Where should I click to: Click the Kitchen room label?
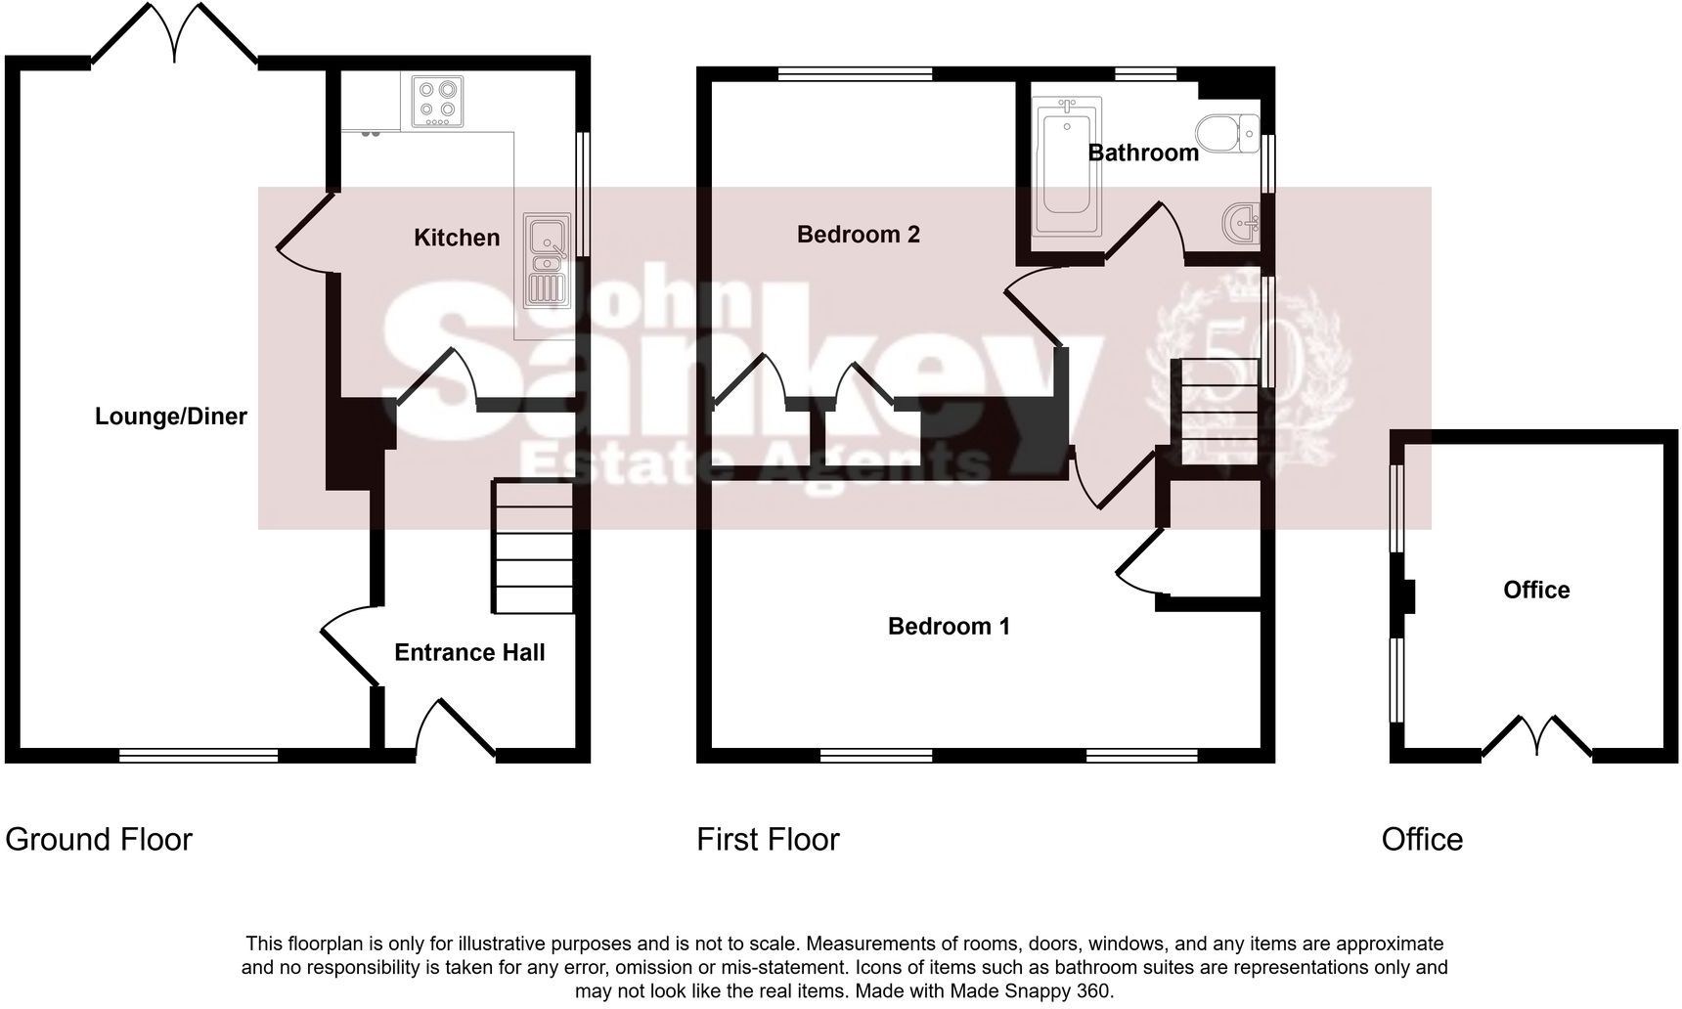pos(457,238)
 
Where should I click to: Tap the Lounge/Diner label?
pos(171,417)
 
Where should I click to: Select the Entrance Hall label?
pos(469,652)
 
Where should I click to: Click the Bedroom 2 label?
pos(858,235)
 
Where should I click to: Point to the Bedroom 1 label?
pos(949,626)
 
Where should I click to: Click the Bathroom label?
pos(1143,153)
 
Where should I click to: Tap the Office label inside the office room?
pos(1536,590)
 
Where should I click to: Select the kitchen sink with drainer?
pos(545,259)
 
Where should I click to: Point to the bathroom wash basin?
pos(1240,223)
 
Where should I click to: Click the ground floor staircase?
pos(533,548)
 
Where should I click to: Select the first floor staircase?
pos(1218,411)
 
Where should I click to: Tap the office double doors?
pos(1536,738)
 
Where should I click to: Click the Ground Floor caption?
pos(99,839)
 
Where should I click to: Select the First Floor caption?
pos(768,839)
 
